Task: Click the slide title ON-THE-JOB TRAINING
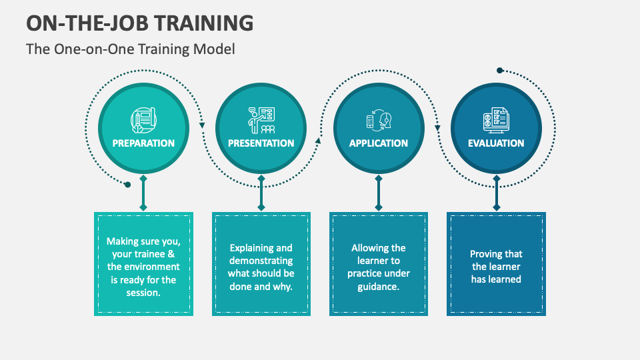140,22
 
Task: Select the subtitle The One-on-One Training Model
131,49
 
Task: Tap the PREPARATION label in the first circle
143,143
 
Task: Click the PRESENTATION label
261,143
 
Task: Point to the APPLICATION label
379,143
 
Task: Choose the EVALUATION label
496,143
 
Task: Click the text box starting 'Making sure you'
143,264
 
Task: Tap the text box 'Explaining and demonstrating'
261,264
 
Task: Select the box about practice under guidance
379,264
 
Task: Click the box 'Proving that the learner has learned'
496,264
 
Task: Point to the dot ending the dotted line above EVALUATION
499,70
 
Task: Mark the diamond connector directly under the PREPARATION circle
143,179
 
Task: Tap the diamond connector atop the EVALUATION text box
496,207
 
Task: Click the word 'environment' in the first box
152,267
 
